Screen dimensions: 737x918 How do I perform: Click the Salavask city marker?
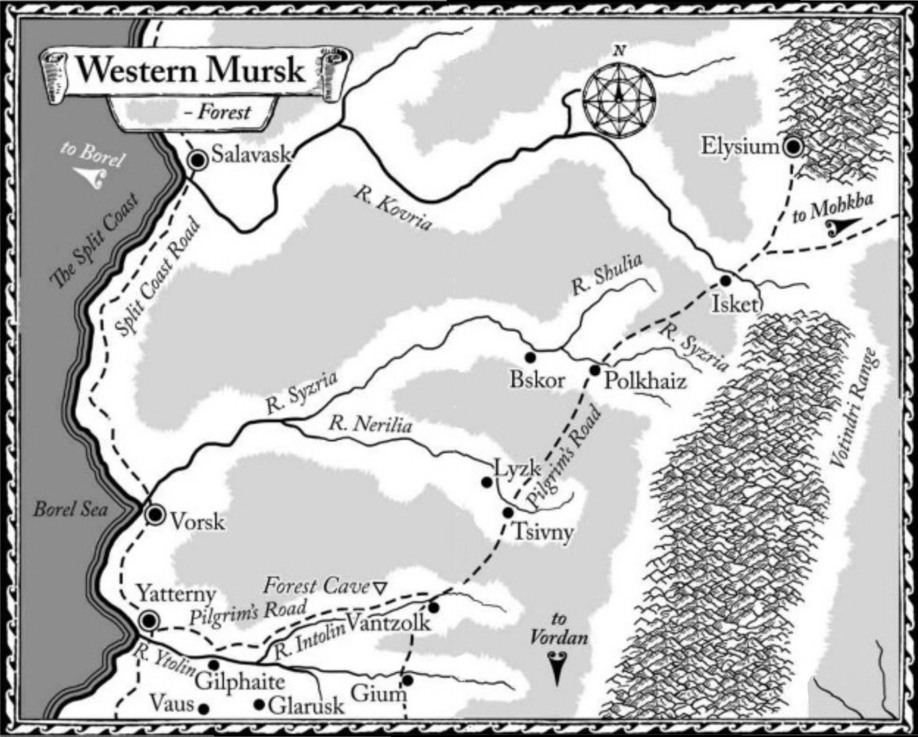(199, 160)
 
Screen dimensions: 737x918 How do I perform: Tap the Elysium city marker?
(793, 147)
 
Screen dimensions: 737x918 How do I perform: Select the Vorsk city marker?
(155, 515)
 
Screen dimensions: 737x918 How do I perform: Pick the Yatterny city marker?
(149, 620)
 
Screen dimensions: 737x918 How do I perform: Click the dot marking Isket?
(725, 281)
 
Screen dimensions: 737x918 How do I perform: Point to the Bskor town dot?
(530, 357)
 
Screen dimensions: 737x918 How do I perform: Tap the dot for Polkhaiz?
(595, 370)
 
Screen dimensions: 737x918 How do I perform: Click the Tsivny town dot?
(508, 512)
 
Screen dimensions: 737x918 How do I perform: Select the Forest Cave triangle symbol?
(379, 587)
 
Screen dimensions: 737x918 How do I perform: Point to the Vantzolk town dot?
(434, 607)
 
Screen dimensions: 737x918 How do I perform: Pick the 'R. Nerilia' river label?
(370, 425)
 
